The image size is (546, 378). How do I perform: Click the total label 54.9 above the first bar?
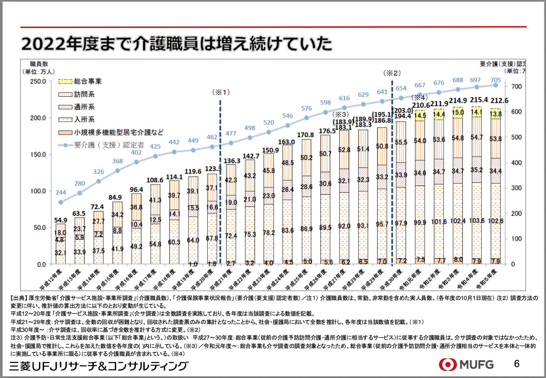61,220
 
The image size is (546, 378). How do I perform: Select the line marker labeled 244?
61,202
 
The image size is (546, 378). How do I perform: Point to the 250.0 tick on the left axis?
38,81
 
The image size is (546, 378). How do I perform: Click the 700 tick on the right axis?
516,86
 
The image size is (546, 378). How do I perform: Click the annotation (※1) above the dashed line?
221,92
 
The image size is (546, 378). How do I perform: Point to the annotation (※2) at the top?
392,73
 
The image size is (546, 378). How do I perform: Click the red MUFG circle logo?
448,364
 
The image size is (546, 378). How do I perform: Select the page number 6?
517,364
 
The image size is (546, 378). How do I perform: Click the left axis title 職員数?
39,64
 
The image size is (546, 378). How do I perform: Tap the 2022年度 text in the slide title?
44,44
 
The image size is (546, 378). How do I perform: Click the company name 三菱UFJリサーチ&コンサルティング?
99,366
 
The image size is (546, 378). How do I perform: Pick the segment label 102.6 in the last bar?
495,221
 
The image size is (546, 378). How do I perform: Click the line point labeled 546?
288,125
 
